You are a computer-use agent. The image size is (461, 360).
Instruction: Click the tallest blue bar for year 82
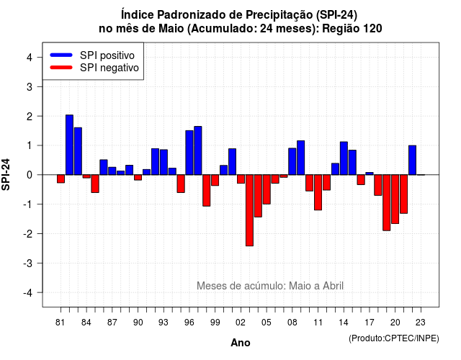click(x=69, y=145)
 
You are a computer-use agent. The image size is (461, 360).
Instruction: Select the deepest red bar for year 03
click(x=250, y=210)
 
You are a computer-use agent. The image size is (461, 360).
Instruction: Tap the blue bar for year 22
click(x=413, y=160)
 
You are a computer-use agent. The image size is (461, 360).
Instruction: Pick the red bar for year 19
click(x=387, y=203)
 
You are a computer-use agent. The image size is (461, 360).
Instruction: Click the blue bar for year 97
click(x=198, y=150)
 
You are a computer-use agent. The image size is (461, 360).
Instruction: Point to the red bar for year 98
click(x=207, y=190)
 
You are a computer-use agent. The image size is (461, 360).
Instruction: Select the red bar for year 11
click(x=318, y=192)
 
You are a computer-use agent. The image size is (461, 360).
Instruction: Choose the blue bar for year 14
click(x=344, y=158)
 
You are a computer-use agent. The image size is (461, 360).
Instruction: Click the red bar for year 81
click(x=61, y=179)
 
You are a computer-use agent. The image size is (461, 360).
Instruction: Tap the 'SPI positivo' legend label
click(x=107, y=55)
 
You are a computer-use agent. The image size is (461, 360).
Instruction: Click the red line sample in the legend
click(x=61, y=67)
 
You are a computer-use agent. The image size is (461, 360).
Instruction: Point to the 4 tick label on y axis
click(x=30, y=58)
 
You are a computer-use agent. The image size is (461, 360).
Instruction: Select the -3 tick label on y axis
click(x=27, y=263)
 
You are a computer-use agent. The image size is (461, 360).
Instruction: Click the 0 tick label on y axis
click(x=30, y=175)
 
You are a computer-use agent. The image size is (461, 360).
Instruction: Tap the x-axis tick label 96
click(x=189, y=323)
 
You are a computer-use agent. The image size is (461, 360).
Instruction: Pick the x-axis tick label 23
click(x=421, y=323)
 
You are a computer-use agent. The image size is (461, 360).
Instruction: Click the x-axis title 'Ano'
click(x=241, y=343)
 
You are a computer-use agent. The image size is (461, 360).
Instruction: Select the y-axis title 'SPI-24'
click(x=6, y=174)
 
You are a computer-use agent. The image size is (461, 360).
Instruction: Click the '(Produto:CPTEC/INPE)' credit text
click(x=394, y=338)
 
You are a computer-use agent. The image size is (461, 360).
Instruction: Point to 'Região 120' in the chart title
click(x=352, y=29)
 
